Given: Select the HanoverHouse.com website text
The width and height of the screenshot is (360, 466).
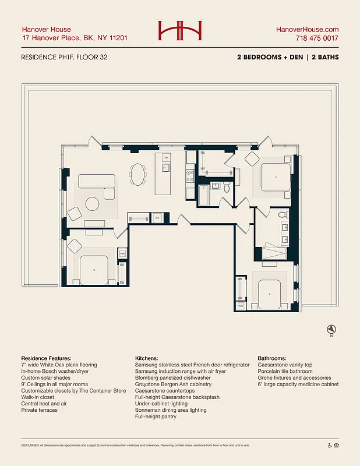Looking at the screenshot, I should pyautogui.click(x=307, y=29).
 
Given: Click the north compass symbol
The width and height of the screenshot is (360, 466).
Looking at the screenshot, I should pyautogui.click(x=331, y=329).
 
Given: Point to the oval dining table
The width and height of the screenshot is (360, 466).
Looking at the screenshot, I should pyautogui.click(x=138, y=174).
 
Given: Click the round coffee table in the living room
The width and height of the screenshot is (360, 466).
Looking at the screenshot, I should pyautogui.click(x=93, y=204).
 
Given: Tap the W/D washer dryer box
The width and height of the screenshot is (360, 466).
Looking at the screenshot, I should pyautogui.click(x=157, y=218).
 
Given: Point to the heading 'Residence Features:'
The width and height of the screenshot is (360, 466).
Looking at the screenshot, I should pyautogui.click(x=46, y=358).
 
